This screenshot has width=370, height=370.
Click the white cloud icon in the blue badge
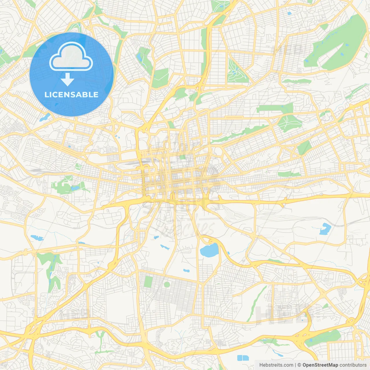[71, 57]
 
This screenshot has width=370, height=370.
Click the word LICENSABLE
[71, 95]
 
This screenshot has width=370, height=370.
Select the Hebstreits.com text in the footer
[276, 365]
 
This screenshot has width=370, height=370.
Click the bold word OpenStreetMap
[320, 365]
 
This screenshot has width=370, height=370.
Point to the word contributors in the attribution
[353, 365]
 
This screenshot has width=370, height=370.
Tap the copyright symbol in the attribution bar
[299, 365]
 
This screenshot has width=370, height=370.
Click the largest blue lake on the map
[209, 250]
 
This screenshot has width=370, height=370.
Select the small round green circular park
[167, 284]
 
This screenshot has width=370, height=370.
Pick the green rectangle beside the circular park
[148, 282]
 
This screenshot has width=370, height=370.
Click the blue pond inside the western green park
[75, 188]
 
